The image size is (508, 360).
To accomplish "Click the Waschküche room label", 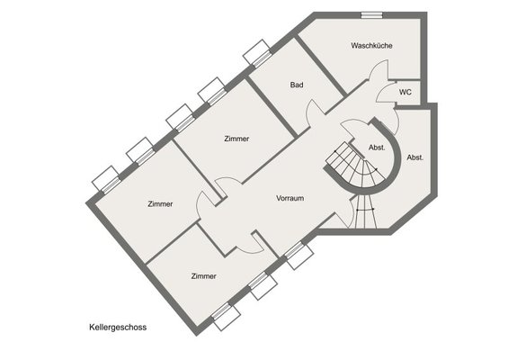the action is click(371, 45).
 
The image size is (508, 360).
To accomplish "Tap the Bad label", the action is click(297, 85).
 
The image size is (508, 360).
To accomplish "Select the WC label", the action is click(406, 92).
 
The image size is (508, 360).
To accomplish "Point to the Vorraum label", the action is click(290, 198).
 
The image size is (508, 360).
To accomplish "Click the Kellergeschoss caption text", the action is click(118, 328).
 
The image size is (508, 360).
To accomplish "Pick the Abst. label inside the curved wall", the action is click(377, 148).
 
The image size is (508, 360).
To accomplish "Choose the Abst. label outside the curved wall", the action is click(415, 157).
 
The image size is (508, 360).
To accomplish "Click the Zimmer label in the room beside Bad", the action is click(236, 139).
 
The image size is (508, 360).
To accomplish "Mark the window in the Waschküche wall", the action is click(372, 15).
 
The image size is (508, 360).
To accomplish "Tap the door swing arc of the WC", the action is click(384, 91).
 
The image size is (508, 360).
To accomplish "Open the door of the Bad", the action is click(315, 112).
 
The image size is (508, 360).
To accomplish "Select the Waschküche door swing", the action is click(379, 68).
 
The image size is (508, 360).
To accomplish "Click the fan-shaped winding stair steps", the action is click(356, 166).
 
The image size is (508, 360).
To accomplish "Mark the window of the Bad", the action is click(257, 54).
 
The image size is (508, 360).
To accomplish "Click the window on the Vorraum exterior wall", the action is click(299, 255).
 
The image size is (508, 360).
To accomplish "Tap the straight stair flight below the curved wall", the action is click(365, 211).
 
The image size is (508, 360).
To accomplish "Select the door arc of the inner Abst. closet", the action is click(348, 128).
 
